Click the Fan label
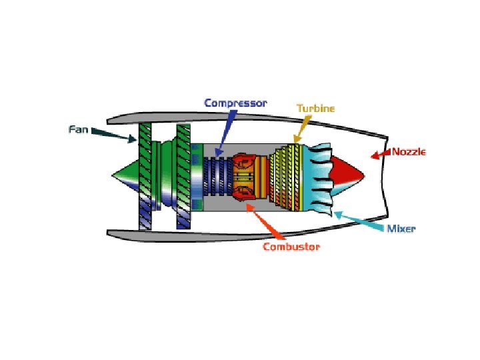[x=79, y=128]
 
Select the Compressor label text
[x=235, y=103]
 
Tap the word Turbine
[x=315, y=107]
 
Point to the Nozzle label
[x=408, y=151]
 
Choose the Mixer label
[x=401, y=229]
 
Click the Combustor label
[x=291, y=247]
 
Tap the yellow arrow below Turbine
[x=301, y=129]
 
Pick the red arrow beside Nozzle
[x=381, y=155]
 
